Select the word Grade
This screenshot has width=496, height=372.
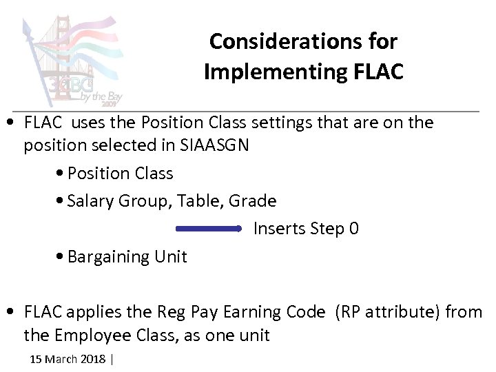coord(252,201)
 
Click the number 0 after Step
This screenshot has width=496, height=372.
coord(353,229)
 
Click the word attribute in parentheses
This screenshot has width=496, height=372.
coord(400,312)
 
